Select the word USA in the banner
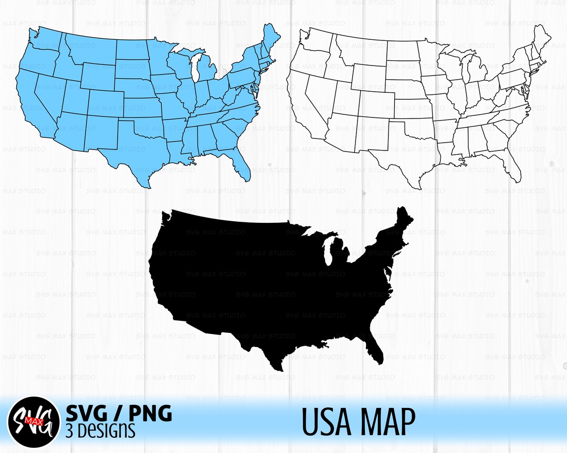coord(331,422)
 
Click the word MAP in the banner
coord(387,422)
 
